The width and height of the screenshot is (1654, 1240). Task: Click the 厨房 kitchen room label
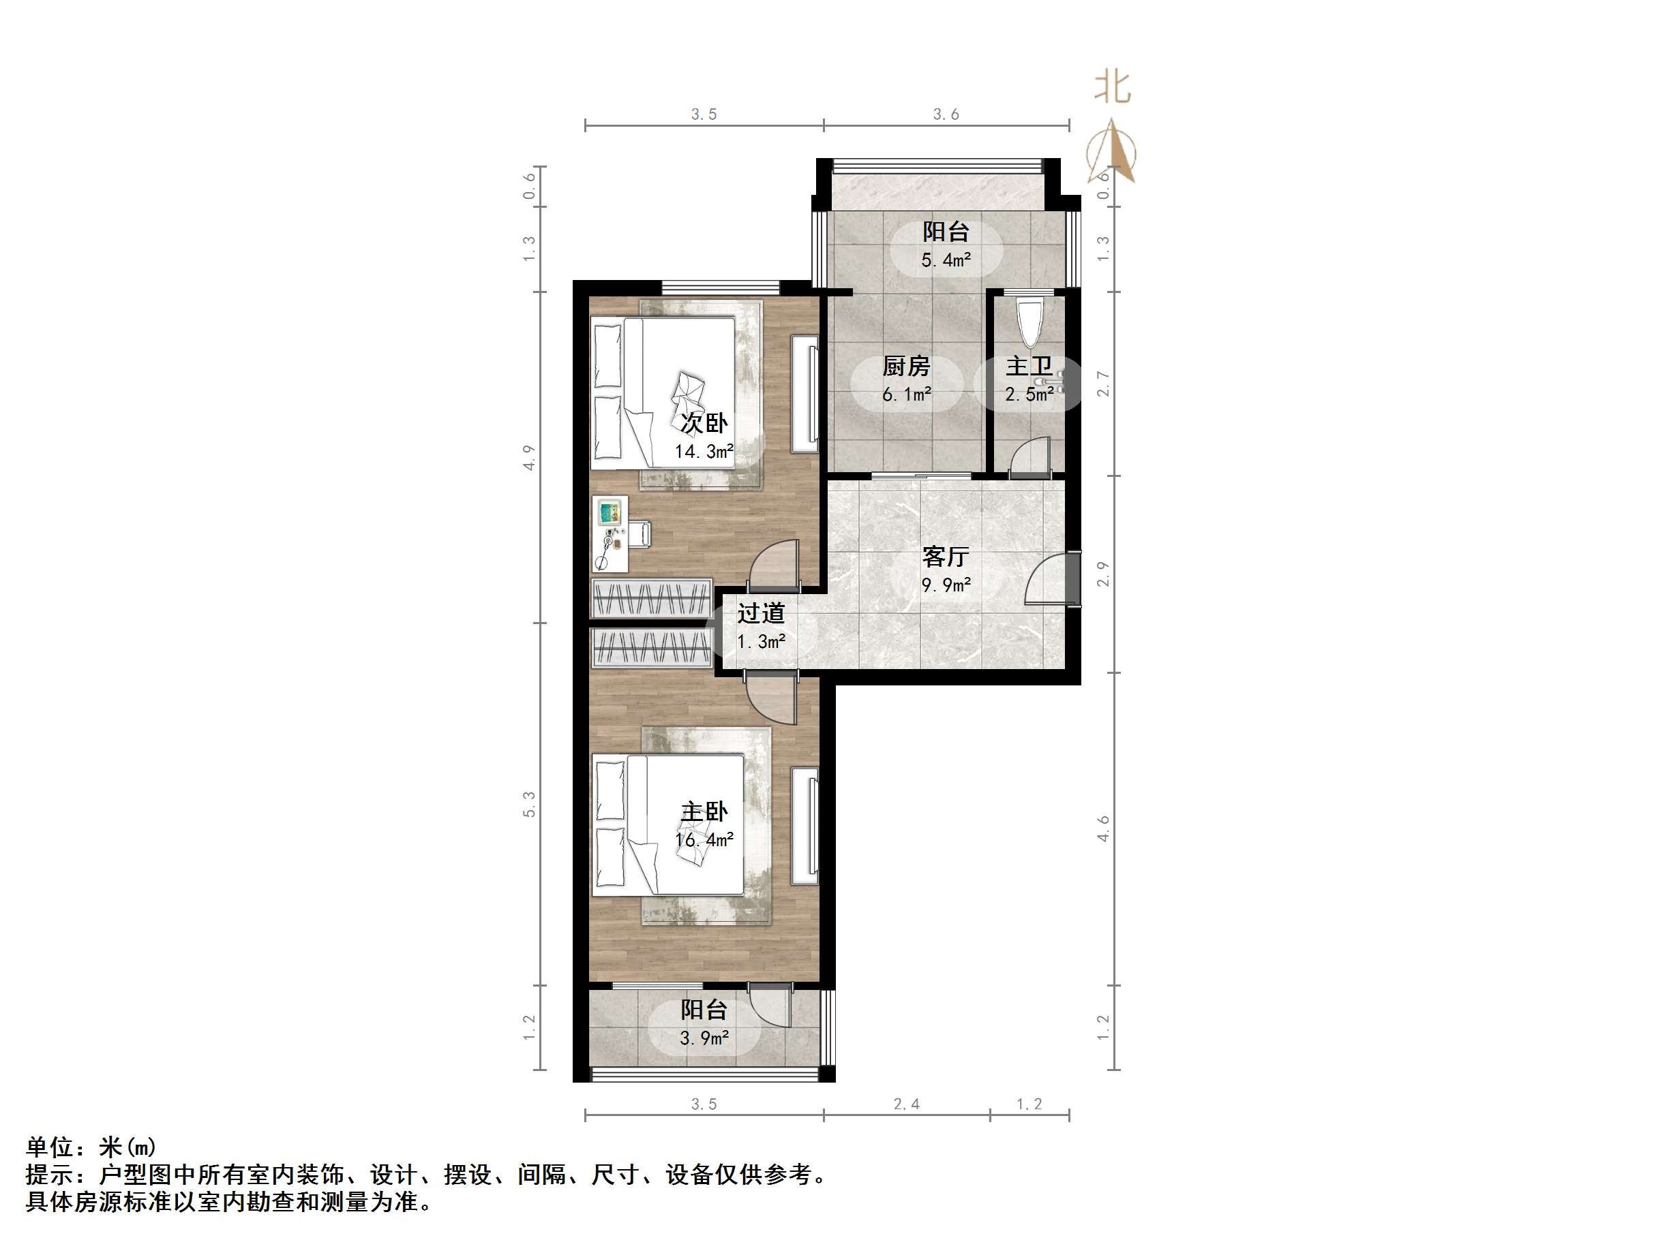point(906,367)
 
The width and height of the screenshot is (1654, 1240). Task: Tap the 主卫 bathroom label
point(1028,367)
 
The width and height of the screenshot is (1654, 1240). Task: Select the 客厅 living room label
point(945,557)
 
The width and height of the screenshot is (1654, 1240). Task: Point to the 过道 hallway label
point(760,614)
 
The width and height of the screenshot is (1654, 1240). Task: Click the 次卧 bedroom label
point(704,423)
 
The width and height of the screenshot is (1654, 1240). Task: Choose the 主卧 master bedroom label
point(704,811)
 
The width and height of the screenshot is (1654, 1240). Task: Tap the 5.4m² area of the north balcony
point(945,260)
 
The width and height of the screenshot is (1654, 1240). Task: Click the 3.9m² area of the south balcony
point(704,1038)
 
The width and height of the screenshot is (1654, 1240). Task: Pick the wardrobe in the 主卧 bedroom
point(650,647)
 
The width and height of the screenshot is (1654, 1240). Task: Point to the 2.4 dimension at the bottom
point(906,1104)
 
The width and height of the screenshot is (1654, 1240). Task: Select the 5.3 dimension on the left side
point(529,804)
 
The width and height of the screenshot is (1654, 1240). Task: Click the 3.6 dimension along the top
point(946,114)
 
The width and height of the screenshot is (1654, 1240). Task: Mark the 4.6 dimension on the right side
point(1104,828)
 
